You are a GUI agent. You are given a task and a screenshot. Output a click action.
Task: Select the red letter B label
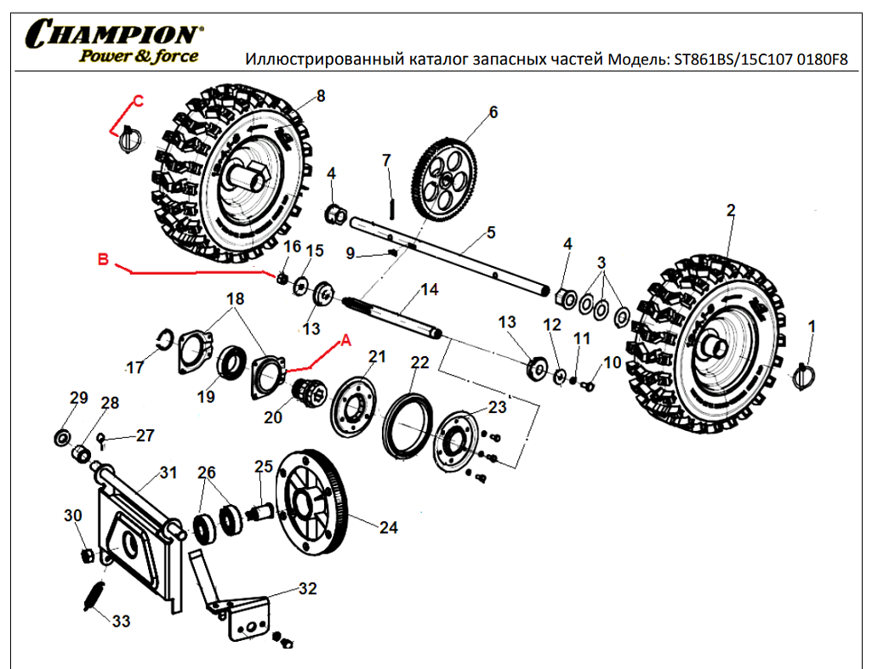coord(104,260)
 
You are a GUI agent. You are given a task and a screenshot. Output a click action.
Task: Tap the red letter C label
coord(139,100)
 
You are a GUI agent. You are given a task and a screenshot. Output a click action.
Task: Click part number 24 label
coord(388,528)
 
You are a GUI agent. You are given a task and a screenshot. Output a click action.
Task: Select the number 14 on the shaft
coord(430,291)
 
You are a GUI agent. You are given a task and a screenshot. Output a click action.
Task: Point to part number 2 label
coord(730,209)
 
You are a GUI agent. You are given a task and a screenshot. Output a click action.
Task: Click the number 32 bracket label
coord(307,588)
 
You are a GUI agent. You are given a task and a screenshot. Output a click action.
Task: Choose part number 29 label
coord(79,399)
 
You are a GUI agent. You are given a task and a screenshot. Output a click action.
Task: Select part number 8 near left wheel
coord(320,96)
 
